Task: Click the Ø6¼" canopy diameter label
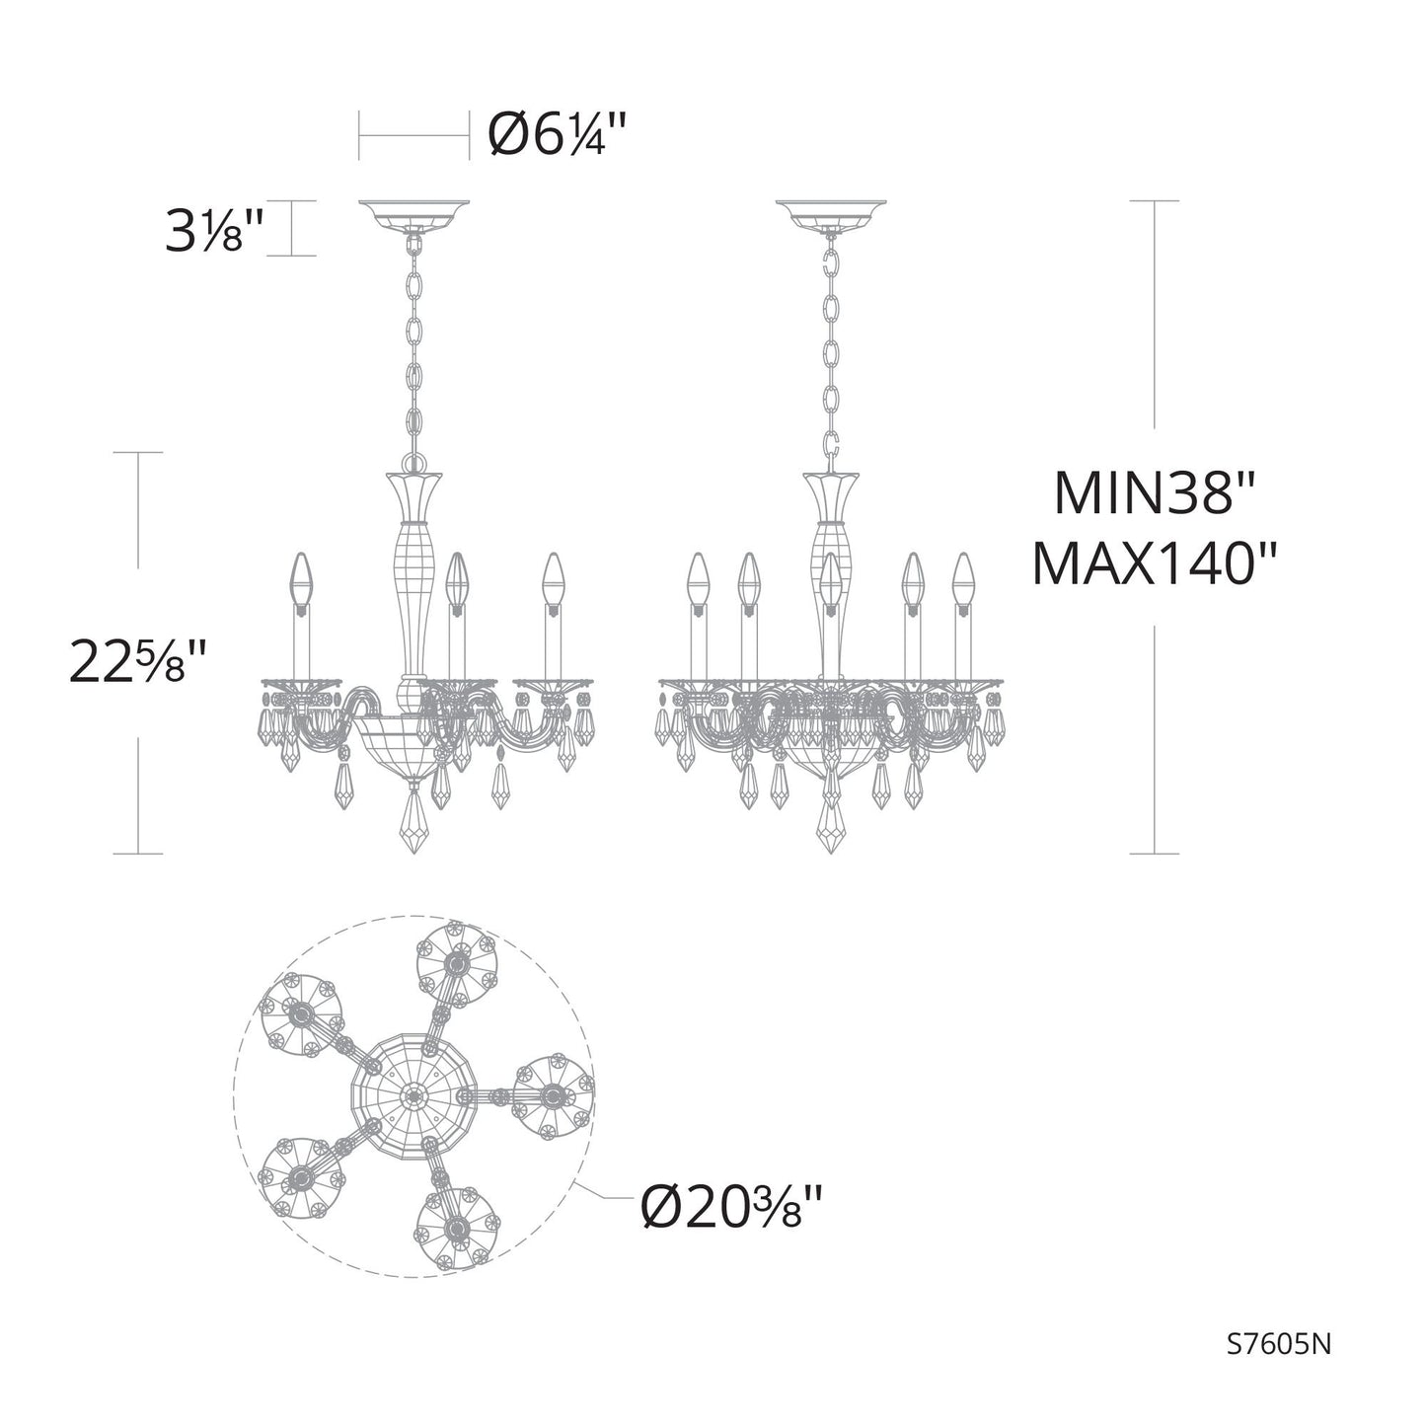(558, 136)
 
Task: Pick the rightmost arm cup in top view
(553, 1094)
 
